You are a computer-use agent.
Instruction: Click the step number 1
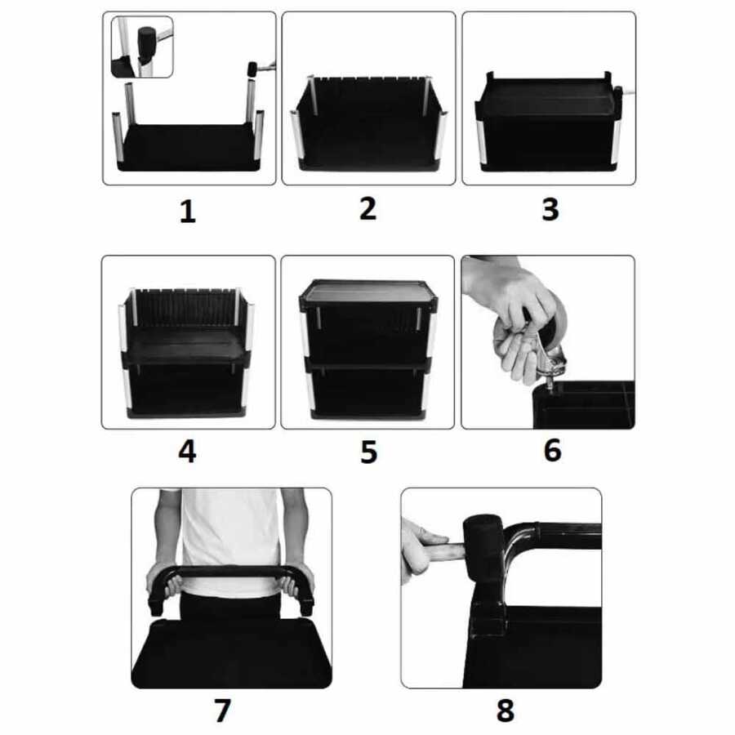click(x=188, y=212)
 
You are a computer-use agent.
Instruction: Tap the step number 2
click(x=368, y=208)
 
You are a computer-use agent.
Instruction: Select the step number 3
click(x=550, y=210)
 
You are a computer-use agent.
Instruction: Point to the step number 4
click(x=187, y=452)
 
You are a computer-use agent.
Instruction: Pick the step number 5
click(x=369, y=452)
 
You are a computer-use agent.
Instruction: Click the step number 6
click(x=553, y=450)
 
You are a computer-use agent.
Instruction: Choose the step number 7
click(x=222, y=710)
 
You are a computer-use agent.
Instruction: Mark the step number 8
click(x=506, y=710)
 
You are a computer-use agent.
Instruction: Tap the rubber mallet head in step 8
click(x=483, y=550)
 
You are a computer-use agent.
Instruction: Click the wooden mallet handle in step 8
click(x=443, y=550)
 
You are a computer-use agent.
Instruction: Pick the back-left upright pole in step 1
click(x=130, y=103)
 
